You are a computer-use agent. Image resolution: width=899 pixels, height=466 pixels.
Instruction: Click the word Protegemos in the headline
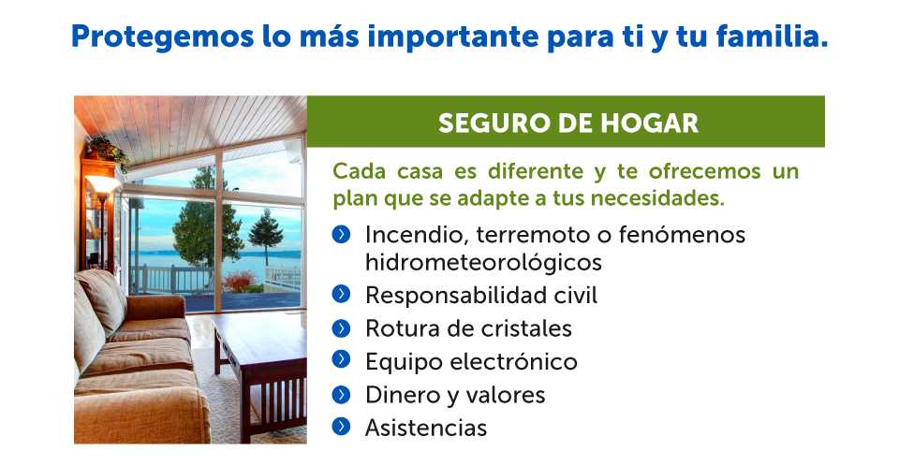162,37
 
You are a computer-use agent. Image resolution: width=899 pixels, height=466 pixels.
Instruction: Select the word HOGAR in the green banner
650,124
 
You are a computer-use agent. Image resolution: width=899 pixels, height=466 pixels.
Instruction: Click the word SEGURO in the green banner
487,124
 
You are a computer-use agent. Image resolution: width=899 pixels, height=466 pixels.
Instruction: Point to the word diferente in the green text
536,171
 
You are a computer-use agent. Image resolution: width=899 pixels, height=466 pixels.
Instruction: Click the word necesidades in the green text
657,198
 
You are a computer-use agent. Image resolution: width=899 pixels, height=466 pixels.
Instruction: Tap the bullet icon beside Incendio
341,235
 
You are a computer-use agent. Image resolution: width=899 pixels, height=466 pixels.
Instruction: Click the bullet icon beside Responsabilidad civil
341,294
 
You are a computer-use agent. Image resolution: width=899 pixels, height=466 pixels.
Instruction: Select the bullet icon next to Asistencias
341,426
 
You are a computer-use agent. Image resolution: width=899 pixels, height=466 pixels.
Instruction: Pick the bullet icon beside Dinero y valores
341,394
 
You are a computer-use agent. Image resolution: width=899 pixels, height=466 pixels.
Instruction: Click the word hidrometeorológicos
483,263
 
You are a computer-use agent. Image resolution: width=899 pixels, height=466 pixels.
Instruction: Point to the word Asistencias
426,428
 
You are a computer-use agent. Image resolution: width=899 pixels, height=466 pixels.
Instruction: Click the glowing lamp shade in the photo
102,184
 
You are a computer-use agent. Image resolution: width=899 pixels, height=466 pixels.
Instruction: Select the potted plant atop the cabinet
107,150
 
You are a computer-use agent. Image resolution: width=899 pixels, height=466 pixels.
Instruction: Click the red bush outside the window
241,282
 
